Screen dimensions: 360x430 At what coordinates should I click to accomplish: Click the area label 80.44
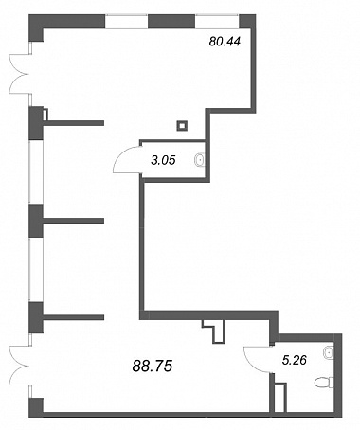coord(225,42)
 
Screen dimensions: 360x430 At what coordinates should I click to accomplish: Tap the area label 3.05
coord(163,160)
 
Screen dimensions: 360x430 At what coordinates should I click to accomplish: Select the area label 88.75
coord(153,367)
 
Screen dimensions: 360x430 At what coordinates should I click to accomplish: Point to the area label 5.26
coord(295,360)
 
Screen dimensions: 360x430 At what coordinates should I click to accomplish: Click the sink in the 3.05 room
coord(201,160)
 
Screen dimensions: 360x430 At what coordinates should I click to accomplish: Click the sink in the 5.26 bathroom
coord(329,351)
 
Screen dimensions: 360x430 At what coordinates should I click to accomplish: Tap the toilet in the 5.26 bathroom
coord(324,383)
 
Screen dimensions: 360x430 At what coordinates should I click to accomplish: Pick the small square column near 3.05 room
coord(182,126)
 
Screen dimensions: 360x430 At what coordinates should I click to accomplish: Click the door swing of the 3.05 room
coord(126,159)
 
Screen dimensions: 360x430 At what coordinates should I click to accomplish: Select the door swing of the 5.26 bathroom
coord(258,360)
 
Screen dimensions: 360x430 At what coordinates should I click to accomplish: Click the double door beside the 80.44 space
coord(19,74)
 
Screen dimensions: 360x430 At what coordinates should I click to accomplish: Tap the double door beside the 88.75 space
coord(20,367)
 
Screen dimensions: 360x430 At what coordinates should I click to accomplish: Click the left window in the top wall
coord(126,22)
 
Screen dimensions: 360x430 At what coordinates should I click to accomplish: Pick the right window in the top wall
coord(217,22)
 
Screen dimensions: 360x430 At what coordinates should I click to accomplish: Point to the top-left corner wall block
coord(36,27)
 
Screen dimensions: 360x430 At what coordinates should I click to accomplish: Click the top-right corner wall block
coord(247,22)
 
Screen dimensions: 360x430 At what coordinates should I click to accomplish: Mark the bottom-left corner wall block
coord(36,407)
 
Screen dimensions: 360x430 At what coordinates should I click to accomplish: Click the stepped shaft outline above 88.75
coord(215,331)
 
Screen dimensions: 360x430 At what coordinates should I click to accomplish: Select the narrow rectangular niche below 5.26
coord(279,398)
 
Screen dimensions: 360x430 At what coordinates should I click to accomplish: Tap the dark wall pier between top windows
coord(171,22)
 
